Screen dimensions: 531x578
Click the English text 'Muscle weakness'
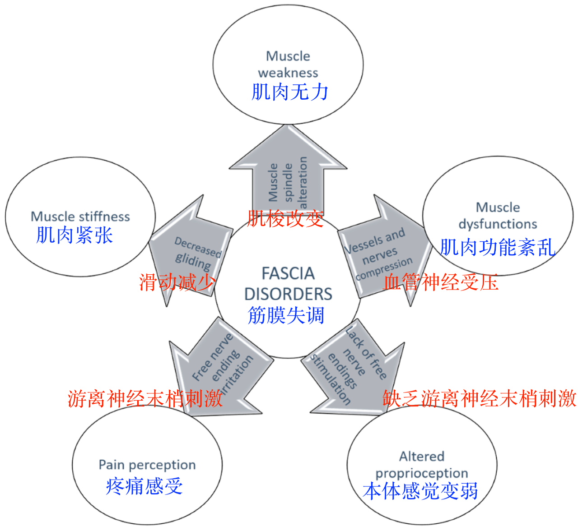pyautogui.click(x=288, y=64)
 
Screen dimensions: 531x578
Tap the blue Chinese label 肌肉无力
pyautogui.click(x=289, y=92)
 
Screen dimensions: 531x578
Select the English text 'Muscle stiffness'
pyautogui.click(x=80, y=217)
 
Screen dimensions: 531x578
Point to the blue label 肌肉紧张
pyautogui.click(x=75, y=235)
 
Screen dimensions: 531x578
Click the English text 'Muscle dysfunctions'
pyautogui.click(x=498, y=216)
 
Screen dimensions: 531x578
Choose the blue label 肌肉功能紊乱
pyautogui.click(x=497, y=247)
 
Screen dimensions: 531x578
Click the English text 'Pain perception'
pyautogui.click(x=147, y=465)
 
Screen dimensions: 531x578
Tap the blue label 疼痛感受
pyautogui.click(x=144, y=486)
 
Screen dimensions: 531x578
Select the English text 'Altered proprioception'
pyautogui.click(x=422, y=465)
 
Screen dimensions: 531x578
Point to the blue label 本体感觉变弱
pyautogui.click(x=420, y=491)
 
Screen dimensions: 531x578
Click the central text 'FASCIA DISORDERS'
pyautogui.click(x=288, y=283)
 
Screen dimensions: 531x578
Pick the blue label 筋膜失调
pyautogui.click(x=286, y=315)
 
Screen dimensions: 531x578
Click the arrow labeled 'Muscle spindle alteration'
pyautogui.click(x=288, y=176)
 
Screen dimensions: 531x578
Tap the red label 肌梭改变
pyautogui.click(x=285, y=219)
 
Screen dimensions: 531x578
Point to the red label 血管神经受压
pyautogui.click(x=441, y=282)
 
